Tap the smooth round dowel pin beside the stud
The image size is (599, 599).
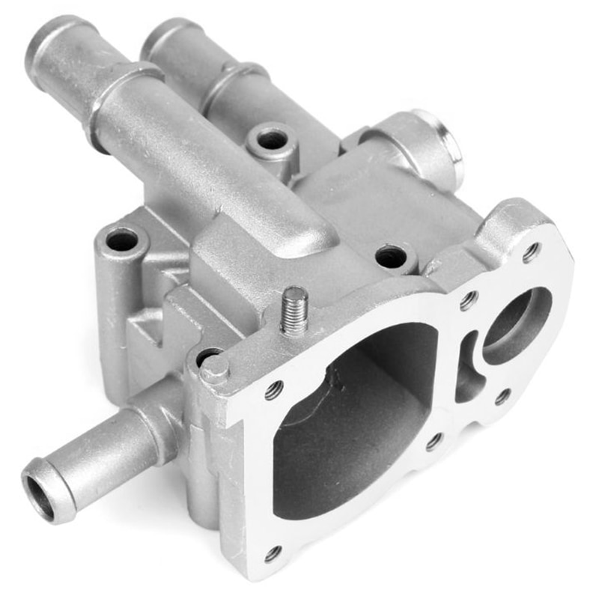pos(216,369)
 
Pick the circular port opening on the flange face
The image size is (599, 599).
pos(517,326)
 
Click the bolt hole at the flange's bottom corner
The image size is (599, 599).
pos(273,553)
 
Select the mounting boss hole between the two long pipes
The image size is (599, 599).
pos(271,139)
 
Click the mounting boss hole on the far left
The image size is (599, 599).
pos(122,241)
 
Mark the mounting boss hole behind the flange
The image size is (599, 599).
pos(391,257)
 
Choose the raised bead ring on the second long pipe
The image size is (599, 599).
pos(232,79)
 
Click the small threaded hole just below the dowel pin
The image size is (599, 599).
pos(274,390)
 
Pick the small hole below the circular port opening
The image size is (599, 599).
pos(502,395)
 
